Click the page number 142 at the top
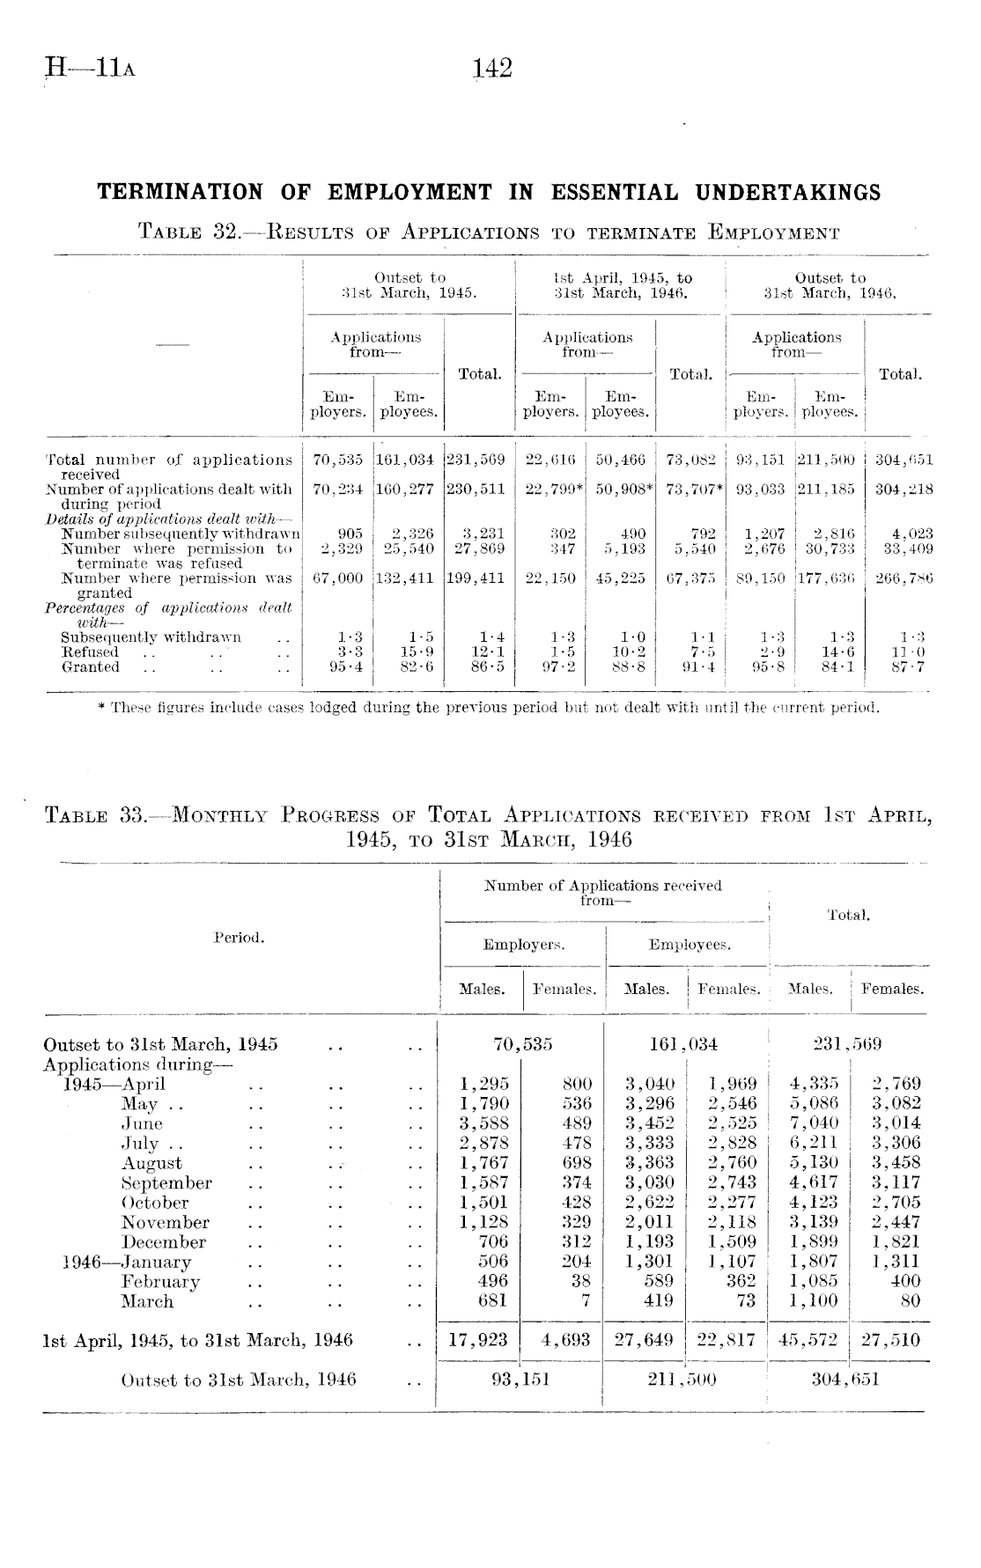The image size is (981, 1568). coord(492,69)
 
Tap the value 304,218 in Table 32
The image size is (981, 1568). coord(904,489)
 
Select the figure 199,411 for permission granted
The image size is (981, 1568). coord(476,578)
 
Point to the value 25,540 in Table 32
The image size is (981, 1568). coord(406,548)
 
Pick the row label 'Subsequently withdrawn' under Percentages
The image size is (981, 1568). coord(151,637)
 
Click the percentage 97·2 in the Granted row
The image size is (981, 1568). coord(559,667)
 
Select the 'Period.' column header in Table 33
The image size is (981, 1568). coord(240,938)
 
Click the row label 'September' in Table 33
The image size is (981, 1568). coord(167,1183)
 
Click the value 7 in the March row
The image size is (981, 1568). coord(586,1301)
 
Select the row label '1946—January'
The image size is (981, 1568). coord(128,1262)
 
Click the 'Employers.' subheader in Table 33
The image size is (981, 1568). coord(524,945)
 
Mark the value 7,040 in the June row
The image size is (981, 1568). coord(815,1123)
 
